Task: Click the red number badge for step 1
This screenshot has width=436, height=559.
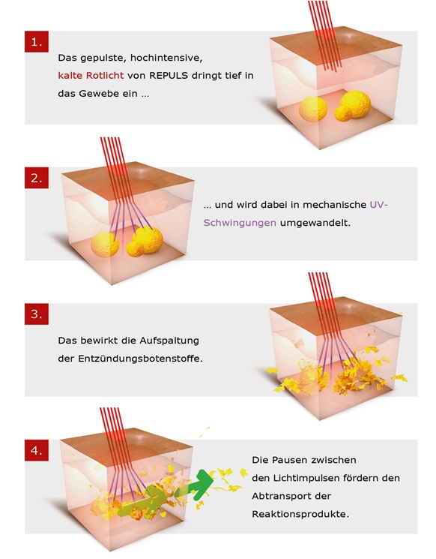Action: pyautogui.click(x=36, y=42)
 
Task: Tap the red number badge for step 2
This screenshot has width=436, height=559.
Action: pyautogui.click(x=36, y=178)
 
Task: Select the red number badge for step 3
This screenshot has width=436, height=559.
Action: pyautogui.click(x=36, y=314)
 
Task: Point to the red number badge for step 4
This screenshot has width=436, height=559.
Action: pyautogui.click(x=36, y=450)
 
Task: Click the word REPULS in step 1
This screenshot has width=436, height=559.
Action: pyautogui.click(x=169, y=76)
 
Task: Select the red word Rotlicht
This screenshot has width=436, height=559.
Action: pyautogui.click(x=106, y=76)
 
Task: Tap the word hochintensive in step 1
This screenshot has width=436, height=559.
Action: pyautogui.click(x=166, y=58)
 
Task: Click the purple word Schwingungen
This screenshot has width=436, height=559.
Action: pyautogui.click(x=240, y=223)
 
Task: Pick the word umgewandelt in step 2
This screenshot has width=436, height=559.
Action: pyautogui.click(x=315, y=223)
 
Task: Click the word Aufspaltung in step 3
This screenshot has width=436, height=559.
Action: pyautogui.click(x=169, y=341)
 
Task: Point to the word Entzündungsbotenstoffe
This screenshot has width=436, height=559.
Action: pyautogui.click(x=140, y=359)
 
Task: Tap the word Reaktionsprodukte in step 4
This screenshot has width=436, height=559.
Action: pyautogui.click(x=300, y=514)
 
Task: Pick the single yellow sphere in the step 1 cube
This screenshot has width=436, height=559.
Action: pyautogui.click(x=313, y=110)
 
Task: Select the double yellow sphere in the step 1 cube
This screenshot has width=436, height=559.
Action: pyautogui.click(x=352, y=105)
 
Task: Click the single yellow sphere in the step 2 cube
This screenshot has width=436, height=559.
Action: pyautogui.click(x=105, y=245)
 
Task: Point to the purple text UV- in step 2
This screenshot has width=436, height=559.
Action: pyautogui.click(x=379, y=205)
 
